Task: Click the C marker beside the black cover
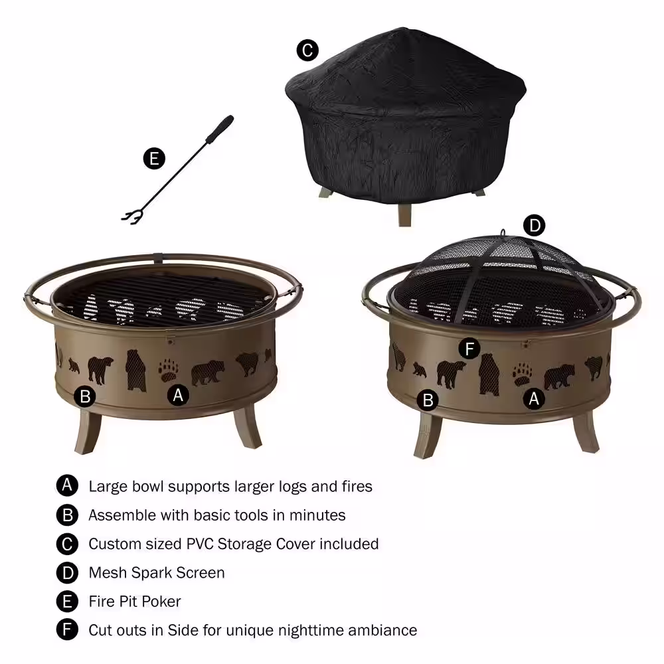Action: coord(307,50)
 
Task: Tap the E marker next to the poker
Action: coord(154,159)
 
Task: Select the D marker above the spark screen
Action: coord(535,225)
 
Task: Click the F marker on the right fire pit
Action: coord(469,349)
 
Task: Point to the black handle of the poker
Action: coord(220,129)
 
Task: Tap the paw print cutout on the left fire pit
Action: coord(169,371)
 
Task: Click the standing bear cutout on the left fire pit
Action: coord(135,371)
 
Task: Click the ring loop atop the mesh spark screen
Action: coord(503,233)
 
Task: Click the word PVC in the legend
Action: coord(200,544)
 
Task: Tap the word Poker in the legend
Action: coord(161,602)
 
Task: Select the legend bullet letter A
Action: coord(67,486)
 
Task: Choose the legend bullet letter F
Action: coord(67,629)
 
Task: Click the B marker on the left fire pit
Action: coord(85,397)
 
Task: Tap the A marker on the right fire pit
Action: coord(534,398)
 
